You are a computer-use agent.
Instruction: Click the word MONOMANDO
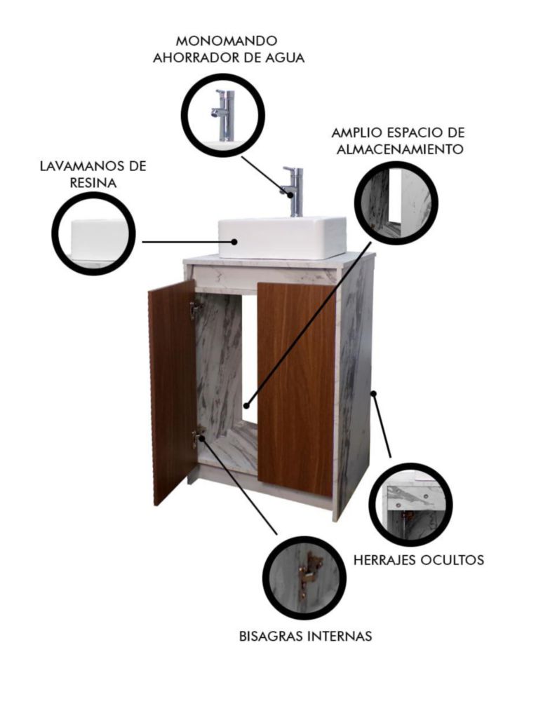tap(227, 41)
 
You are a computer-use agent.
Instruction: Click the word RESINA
tap(93, 183)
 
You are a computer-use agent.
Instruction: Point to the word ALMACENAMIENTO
tap(399, 149)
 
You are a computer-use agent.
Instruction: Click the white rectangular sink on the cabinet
tap(282, 238)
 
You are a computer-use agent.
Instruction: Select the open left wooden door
tap(172, 393)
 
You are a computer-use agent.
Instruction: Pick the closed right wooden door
tap(296, 388)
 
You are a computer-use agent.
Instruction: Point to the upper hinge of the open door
tap(195, 309)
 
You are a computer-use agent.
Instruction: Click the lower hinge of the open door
tap(197, 436)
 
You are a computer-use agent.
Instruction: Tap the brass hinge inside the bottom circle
tap(309, 573)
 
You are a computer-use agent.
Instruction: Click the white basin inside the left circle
tap(99, 238)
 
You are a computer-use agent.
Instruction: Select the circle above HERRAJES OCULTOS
tap(410, 505)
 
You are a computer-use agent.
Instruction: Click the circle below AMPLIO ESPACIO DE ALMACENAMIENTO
tap(396, 203)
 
